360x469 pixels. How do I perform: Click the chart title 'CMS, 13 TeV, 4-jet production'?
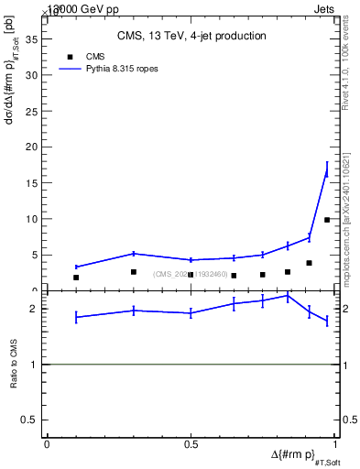click(x=191, y=37)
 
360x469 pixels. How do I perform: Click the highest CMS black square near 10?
click(x=327, y=220)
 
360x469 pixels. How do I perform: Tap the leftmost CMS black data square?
click(x=76, y=278)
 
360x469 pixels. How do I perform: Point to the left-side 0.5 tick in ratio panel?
click(x=34, y=420)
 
